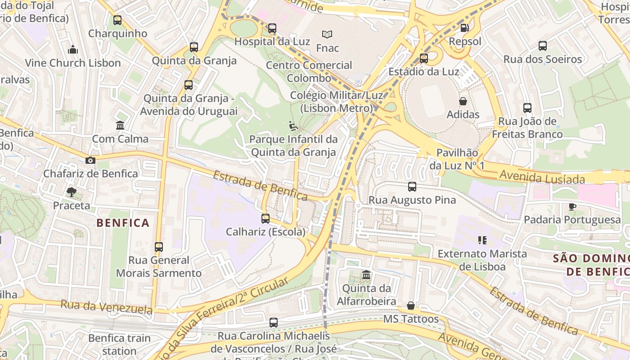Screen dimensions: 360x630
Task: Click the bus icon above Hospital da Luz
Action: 272,28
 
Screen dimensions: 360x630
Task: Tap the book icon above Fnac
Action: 327,34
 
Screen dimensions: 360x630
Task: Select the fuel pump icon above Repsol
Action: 464,28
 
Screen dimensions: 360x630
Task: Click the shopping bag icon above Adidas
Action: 463,101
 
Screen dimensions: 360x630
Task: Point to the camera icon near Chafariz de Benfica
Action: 90,161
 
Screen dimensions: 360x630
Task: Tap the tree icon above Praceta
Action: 71,193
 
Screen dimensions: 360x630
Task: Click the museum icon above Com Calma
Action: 120,126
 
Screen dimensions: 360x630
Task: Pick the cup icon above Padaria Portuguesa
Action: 572,207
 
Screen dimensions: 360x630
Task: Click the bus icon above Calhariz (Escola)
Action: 265,219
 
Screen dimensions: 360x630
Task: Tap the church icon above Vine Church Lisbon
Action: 73,49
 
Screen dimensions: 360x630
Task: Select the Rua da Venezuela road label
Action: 107,307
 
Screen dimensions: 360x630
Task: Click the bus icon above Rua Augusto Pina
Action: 412,187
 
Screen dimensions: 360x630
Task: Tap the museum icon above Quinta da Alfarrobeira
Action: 366,274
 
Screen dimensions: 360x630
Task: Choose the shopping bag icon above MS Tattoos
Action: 411,306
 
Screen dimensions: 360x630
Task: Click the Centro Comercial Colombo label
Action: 309,72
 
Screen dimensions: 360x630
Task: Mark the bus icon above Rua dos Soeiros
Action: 543,46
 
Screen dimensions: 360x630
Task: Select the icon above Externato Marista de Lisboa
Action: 482,240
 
